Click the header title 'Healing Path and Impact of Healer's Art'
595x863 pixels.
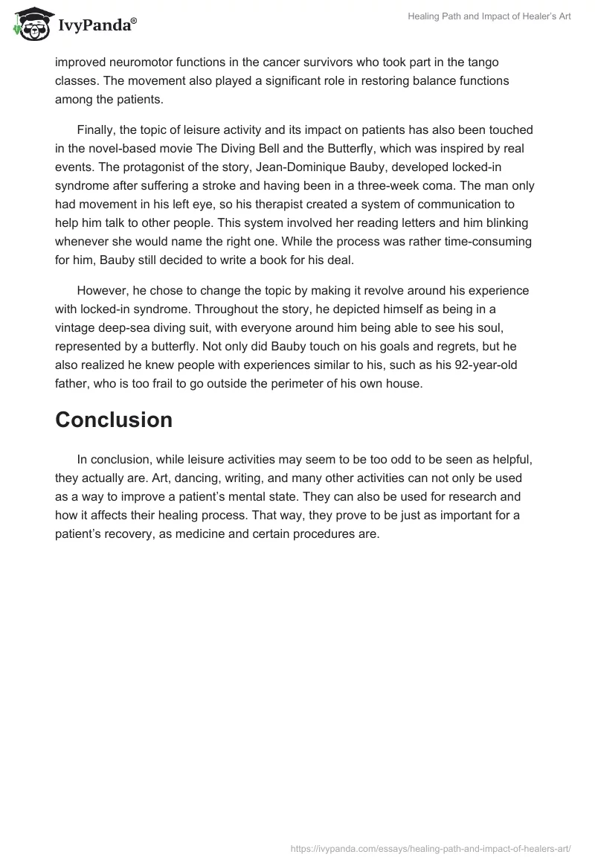[x=489, y=16]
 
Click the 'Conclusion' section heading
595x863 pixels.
[x=114, y=420]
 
